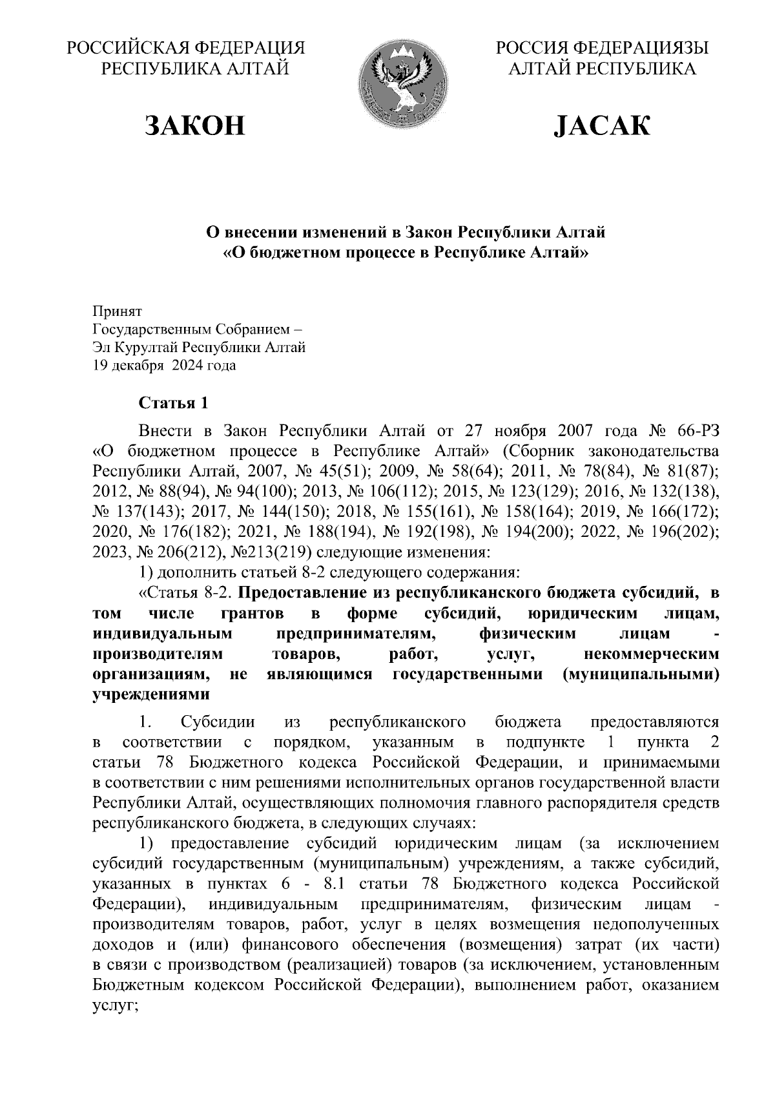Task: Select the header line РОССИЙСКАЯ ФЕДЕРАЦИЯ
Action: click(x=187, y=49)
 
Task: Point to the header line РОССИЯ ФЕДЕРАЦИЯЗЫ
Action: click(x=602, y=49)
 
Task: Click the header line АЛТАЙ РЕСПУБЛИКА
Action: click(x=602, y=68)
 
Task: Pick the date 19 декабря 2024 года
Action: click(x=165, y=366)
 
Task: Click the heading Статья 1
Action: click(x=174, y=404)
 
